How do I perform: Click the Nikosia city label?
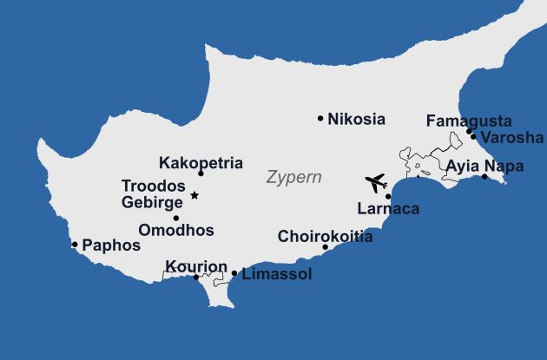pyautogui.click(x=356, y=120)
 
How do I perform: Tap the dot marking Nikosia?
pyautogui.click(x=320, y=118)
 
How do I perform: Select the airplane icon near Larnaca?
pyautogui.click(x=376, y=183)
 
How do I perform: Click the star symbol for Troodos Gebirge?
pyautogui.click(x=194, y=195)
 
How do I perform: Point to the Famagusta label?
pyautogui.click(x=469, y=121)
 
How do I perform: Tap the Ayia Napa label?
pyautogui.click(x=485, y=166)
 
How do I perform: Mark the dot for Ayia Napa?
pyautogui.click(x=484, y=177)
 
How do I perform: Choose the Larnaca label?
pyautogui.click(x=388, y=208)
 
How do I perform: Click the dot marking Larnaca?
pyautogui.click(x=388, y=197)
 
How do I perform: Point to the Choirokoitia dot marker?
pyautogui.click(x=326, y=247)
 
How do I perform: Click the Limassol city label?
pyautogui.click(x=276, y=274)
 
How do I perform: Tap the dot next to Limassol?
pyautogui.click(x=234, y=273)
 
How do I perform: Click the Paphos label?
pyautogui.click(x=110, y=245)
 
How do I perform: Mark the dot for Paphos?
pyautogui.click(x=75, y=245)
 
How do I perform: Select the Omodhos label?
pyautogui.click(x=176, y=231)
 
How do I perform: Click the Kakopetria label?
pyautogui.click(x=201, y=162)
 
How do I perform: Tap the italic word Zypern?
pyautogui.click(x=293, y=178)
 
